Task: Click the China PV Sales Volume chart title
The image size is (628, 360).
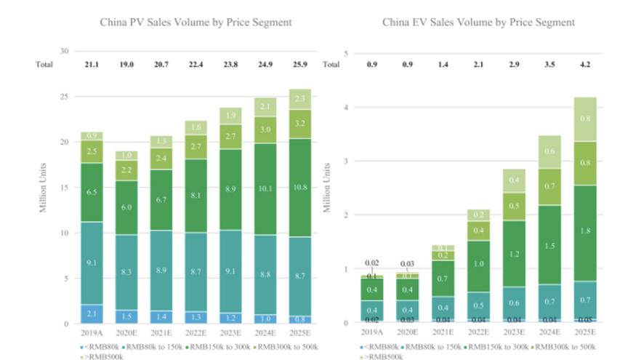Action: [x=196, y=23]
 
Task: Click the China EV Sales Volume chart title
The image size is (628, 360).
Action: [x=479, y=23]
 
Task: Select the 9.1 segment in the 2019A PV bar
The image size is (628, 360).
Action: [x=92, y=263]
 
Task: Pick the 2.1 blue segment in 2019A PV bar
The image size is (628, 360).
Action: [x=92, y=313]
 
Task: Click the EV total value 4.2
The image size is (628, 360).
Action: [x=585, y=65]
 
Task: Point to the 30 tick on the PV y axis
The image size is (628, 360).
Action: [x=65, y=51]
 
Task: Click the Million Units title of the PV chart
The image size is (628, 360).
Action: [x=46, y=188]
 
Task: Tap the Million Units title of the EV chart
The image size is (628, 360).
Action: [x=328, y=188]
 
